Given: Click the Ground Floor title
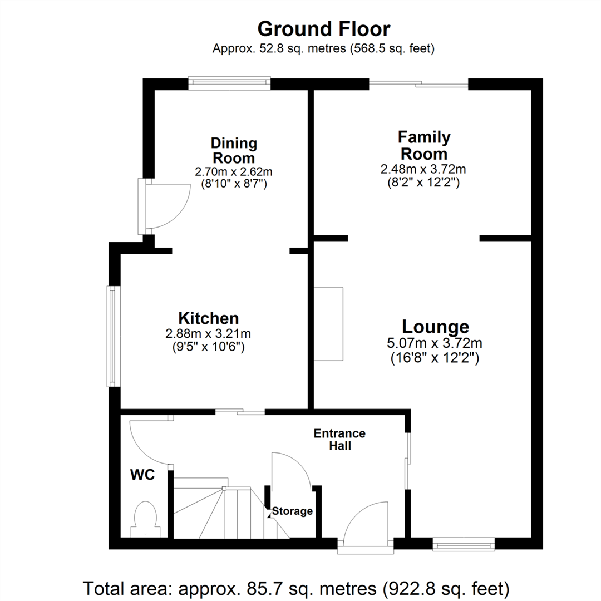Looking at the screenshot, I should coord(323,28).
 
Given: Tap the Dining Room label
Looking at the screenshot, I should coord(234,150).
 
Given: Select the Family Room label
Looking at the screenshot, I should coord(423,145).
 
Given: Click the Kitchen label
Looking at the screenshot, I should coord(208,318).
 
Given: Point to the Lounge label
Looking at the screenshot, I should coord(435,326).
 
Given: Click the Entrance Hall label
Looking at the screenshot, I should coord(339,439).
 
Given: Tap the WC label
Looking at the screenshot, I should coord(142,475).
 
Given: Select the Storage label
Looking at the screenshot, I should coord(292,511).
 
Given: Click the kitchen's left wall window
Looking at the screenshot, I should coord(114,336).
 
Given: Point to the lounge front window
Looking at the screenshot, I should coord(464,544).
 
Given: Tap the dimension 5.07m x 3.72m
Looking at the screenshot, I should coord(435,343).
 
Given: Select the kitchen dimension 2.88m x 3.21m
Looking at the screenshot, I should coord(208,334).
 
